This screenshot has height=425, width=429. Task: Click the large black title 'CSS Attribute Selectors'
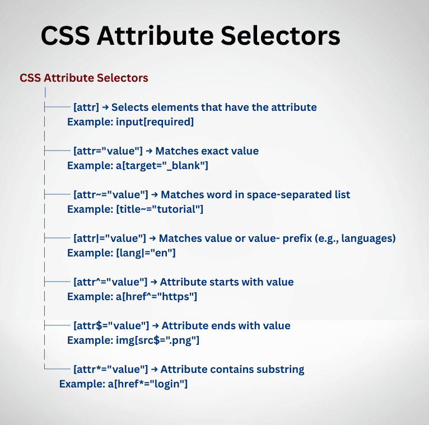pyautogui.click(x=190, y=36)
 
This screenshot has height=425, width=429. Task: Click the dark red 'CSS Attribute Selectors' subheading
pyautogui.click(x=84, y=78)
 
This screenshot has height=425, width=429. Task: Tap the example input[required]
pyautogui.click(x=155, y=122)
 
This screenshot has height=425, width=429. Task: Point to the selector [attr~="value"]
pyautogui.click(x=111, y=194)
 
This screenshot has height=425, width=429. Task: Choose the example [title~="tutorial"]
pyautogui.click(x=160, y=209)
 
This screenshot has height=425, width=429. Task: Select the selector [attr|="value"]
pyautogui.click(x=110, y=238)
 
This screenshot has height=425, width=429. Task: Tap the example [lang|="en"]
pyautogui.click(x=146, y=253)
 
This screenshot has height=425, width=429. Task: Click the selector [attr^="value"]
pyautogui.click(x=111, y=282)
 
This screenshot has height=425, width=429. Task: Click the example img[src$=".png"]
pyautogui.click(x=158, y=340)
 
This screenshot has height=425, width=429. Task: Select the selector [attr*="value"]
pyautogui.click(x=111, y=369)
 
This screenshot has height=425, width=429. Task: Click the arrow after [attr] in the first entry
pyautogui.click(x=105, y=107)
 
